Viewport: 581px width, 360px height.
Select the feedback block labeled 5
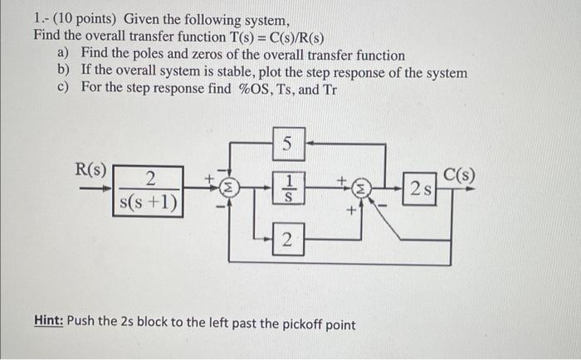[x=286, y=144]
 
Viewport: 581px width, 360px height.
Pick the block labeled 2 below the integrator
[x=286, y=241]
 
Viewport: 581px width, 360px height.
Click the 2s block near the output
[x=420, y=188]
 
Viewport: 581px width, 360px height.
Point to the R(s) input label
[x=90, y=170]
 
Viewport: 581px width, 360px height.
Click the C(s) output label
[x=459, y=174]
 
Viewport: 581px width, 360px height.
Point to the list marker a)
[x=63, y=54]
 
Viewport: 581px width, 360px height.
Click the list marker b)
[x=63, y=71]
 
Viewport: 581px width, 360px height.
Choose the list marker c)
[x=63, y=88]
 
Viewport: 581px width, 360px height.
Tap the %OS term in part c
[x=251, y=88]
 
